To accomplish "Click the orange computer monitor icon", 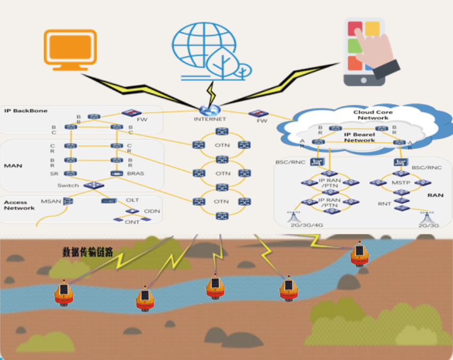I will click(70, 49).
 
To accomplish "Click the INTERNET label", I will click(210, 120).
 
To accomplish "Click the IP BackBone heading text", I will click(26, 111).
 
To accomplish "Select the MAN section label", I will click(13, 166).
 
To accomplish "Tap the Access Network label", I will click(19, 205).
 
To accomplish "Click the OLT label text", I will click(133, 200).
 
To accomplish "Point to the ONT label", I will click(132, 222).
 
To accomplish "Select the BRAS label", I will click(136, 173).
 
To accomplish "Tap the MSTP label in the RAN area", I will click(400, 182).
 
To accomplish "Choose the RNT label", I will click(384, 204).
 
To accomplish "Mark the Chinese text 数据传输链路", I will click(88, 251).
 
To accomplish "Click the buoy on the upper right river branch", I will click(359, 255).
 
